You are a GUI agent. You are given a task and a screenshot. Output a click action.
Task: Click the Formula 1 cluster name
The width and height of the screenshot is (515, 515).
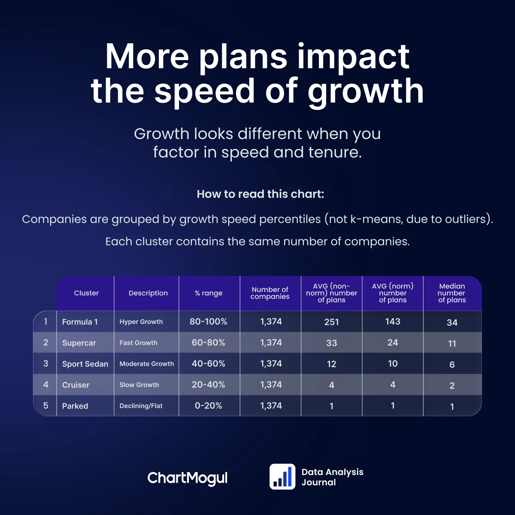80,322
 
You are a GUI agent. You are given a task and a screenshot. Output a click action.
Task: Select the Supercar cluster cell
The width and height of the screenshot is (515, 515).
79,343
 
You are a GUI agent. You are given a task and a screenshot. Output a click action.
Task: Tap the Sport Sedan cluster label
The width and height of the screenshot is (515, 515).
85,364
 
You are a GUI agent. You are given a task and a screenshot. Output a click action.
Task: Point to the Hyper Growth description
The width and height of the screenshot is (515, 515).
141,322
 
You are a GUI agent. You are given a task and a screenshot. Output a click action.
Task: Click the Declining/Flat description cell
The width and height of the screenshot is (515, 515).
141,406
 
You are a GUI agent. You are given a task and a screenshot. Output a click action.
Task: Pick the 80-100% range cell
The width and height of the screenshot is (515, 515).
209,321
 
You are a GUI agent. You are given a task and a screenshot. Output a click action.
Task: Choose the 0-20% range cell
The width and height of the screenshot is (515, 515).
209,406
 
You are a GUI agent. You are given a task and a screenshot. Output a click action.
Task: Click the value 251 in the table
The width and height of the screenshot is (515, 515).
332,322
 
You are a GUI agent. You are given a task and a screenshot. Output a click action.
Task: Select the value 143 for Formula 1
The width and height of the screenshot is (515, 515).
393,321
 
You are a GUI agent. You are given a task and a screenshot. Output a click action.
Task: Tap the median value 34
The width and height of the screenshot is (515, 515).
452,322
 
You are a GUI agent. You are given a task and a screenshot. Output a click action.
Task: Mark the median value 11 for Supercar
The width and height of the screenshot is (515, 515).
452,343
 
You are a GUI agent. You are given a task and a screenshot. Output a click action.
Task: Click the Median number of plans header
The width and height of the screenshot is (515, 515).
452,293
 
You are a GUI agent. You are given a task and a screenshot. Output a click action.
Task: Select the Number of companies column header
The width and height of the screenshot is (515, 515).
270,293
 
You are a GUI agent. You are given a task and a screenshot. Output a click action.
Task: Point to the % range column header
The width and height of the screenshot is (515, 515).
209,293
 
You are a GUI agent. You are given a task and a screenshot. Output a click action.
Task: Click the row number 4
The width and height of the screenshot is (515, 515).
46,385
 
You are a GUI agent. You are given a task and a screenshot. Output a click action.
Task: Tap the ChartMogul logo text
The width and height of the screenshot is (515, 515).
188,478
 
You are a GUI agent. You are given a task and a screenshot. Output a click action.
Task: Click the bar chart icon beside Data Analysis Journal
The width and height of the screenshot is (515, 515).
282,477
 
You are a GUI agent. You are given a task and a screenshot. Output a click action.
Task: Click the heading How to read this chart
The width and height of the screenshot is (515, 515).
261,194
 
